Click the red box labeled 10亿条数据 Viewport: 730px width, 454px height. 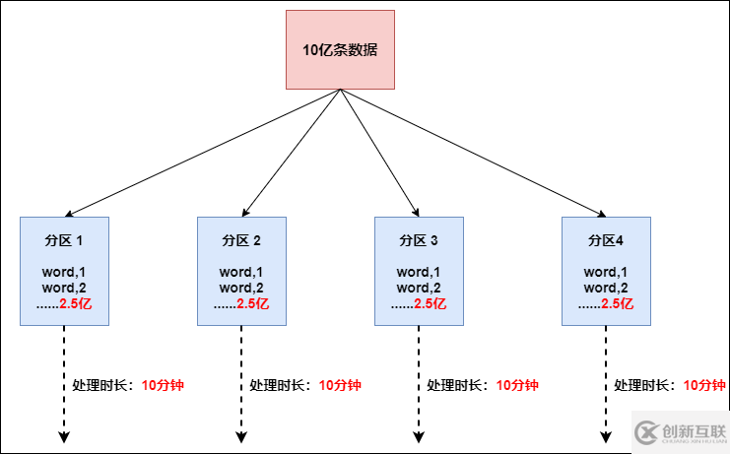coord(340,49)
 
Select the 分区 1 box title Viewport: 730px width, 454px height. coord(64,240)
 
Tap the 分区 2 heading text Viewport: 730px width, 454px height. coord(241,240)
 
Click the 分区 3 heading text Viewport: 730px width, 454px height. coord(419,240)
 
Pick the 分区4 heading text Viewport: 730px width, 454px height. coord(605,240)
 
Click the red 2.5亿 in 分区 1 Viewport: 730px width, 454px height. coord(76,304)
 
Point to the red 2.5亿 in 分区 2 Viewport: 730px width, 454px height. coord(253,304)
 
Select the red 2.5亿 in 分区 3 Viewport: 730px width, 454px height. coord(431,304)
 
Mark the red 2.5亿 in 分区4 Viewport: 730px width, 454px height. coord(618,304)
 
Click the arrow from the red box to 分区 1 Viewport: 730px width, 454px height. coord(202,153)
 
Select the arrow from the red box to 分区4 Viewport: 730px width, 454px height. coord(473,153)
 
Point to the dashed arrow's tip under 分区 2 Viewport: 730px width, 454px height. coord(241,438)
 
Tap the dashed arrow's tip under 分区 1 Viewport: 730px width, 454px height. coord(64,438)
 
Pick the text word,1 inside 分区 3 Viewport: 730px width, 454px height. coord(419,272)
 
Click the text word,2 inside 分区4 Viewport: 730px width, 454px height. coord(606,288)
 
